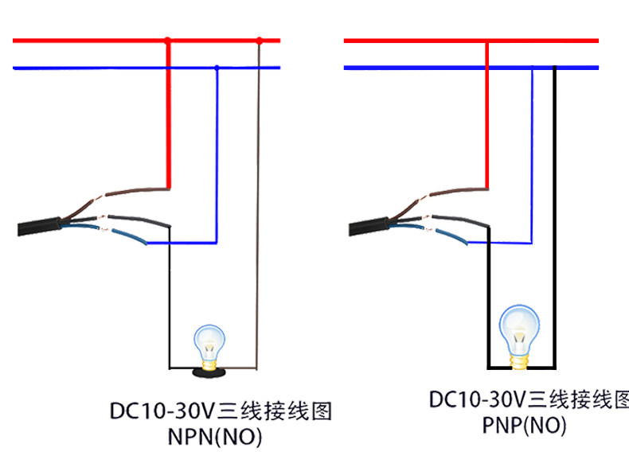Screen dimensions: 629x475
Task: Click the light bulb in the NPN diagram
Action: [x=209, y=347]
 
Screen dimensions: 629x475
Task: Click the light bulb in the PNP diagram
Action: [x=519, y=336]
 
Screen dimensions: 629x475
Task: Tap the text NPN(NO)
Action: [x=215, y=437]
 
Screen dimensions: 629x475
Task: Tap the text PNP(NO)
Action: [x=524, y=426]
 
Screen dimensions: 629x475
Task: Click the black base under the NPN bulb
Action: [x=209, y=373]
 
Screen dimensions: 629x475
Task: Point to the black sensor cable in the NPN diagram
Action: [x=39, y=226]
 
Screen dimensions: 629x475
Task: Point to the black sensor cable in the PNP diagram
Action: [x=369, y=227]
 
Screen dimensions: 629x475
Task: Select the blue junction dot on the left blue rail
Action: [x=217, y=68]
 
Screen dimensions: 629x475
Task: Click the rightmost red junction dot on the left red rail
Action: [x=260, y=41]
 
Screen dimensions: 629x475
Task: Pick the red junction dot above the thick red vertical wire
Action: [x=168, y=40]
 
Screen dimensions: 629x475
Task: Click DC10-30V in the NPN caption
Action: [x=162, y=411]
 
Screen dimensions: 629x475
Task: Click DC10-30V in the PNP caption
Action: [x=478, y=399]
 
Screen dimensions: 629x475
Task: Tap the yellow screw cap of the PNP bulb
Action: [x=519, y=361]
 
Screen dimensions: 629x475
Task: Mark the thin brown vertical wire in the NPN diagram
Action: [x=257, y=204]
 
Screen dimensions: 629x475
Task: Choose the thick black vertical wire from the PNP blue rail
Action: [x=555, y=216]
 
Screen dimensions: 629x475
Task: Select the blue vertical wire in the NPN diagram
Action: [x=217, y=155]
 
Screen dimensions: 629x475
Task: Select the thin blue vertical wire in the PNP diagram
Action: [x=532, y=154]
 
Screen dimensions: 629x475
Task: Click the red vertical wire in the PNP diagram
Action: [x=487, y=115]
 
